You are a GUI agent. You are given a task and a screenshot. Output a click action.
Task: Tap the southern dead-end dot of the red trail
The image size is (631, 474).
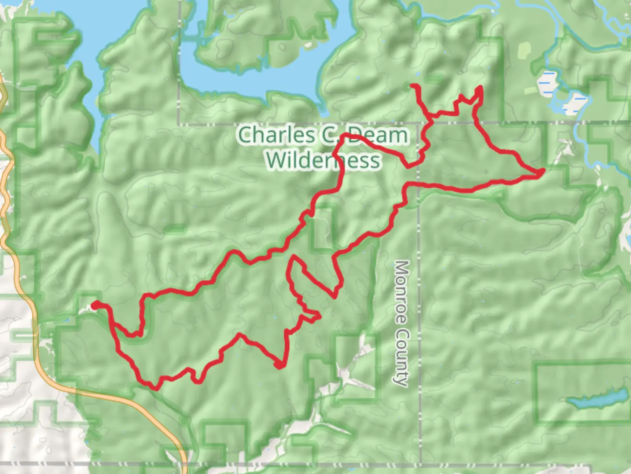[279, 365]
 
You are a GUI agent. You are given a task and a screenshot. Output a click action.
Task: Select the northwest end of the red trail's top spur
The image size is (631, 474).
[413, 86]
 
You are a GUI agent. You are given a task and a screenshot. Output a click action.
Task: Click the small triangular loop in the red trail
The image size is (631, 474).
[312, 317]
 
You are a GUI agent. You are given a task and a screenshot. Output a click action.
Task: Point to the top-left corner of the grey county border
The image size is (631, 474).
[179, 123]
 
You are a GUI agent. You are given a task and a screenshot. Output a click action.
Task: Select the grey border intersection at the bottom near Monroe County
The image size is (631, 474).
[420, 463]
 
